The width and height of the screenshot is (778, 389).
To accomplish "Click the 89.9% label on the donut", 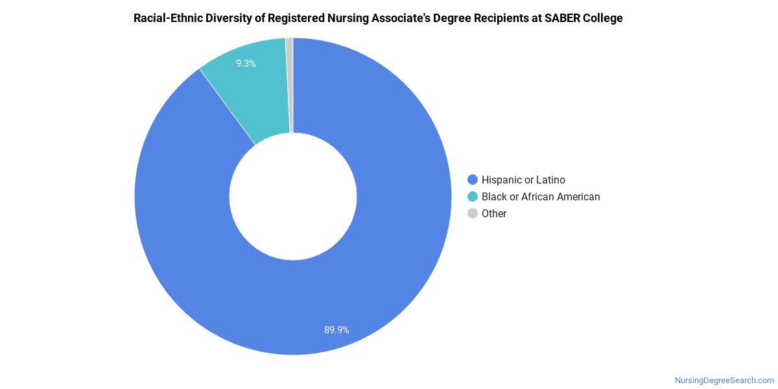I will (336, 330).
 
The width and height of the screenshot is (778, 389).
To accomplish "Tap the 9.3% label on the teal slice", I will (246, 64).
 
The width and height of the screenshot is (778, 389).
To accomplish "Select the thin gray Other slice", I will (290, 85).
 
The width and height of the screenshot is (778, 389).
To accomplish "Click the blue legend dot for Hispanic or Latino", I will (473, 180).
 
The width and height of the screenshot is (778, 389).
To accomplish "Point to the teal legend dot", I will (473, 196).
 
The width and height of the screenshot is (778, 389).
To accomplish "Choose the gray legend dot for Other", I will (473, 213).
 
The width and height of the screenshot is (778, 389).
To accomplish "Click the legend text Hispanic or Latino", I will (523, 180).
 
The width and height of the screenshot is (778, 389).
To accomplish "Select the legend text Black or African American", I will (541, 196).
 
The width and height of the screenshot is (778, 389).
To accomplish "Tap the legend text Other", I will (494, 213).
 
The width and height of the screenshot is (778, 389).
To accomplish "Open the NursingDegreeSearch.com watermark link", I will (724, 381).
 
